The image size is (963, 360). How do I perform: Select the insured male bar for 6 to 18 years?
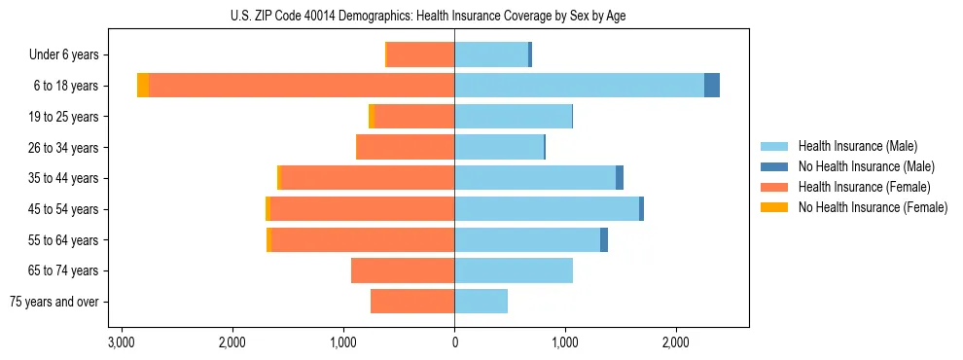point(579,86)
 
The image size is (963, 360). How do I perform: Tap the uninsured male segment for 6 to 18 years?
point(712,86)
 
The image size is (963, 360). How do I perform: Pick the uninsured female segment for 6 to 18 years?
point(143,86)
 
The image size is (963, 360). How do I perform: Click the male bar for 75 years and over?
point(481,302)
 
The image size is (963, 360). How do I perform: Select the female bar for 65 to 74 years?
point(403,270)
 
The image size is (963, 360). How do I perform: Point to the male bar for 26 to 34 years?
point(499,147)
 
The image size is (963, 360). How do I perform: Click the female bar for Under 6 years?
point(421,54)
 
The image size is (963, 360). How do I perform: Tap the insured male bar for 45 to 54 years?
point(547,209)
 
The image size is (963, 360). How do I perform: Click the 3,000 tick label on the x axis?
point(121,343)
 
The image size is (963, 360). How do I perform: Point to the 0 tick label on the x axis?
point(454,343)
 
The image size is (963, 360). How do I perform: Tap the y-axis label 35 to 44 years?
point(64,178)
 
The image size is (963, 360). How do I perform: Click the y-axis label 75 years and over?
point(54,302)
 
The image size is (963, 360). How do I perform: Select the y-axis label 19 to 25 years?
point(64,117)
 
